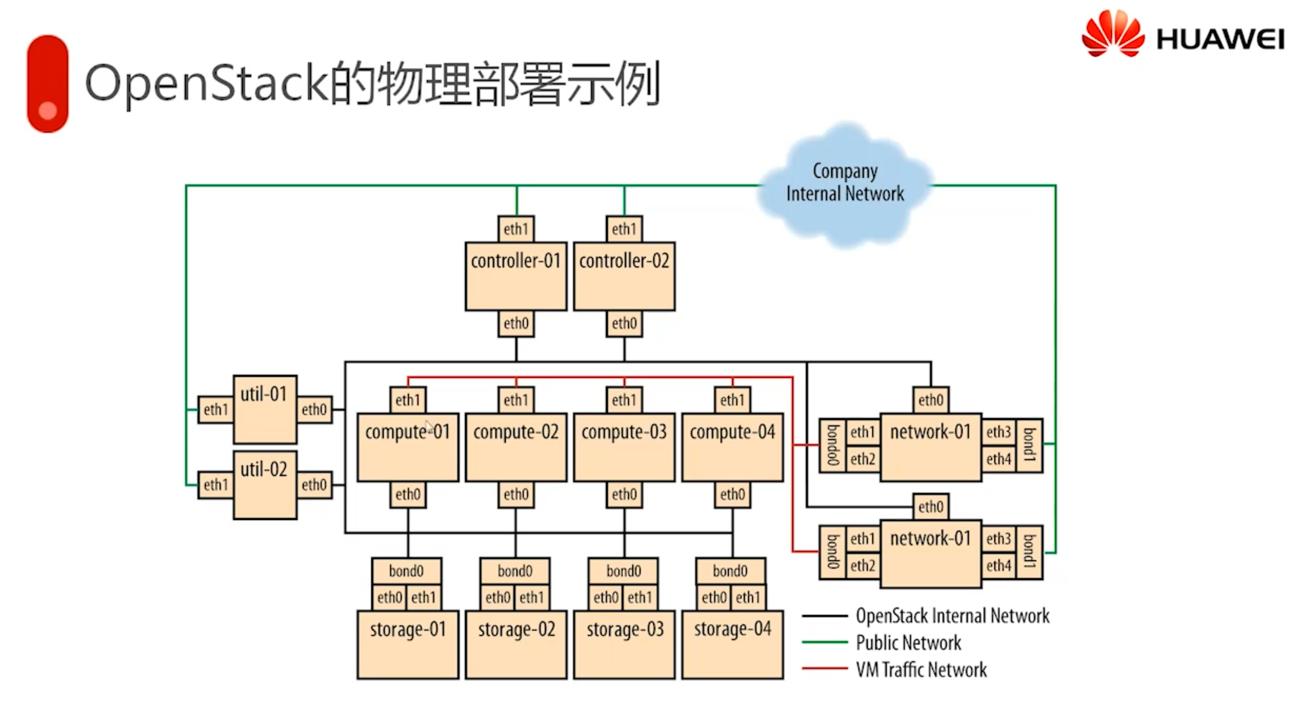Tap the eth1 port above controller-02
[x=624, y=229]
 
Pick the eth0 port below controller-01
[x=516, y=323]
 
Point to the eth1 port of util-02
[x=216, y=485]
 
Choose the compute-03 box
[x=624, y=447]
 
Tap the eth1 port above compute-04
[x=732, y=400]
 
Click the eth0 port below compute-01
[x=408, y=494]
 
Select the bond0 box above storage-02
[x=515, y=571]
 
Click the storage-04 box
[x=732, y=644]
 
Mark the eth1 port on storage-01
[x=423, y=597]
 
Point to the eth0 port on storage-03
[x=606, y=597]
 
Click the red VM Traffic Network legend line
[x=824, y=668]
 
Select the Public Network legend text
[x=908, y=642]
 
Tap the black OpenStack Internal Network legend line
[x=824, y=616]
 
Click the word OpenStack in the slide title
[x=206, y=83]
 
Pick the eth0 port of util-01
[x=314, y=409]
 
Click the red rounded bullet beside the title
[x=47, y=84]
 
